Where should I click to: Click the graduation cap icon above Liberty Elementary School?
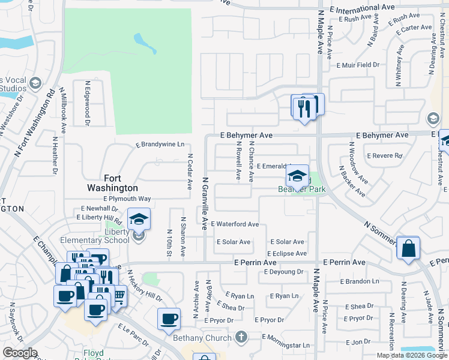pyautogui.click(x=139, y=220)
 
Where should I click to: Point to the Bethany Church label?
pyautogui.click(x=202, y=338)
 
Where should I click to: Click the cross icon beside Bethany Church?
pyautogui.click(x=241, y=338)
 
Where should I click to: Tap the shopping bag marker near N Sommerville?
pyautogui.click(x=408, y=248)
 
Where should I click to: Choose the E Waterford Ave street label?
pyautogui.click(x=234, y=224)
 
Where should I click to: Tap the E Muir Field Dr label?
pyautogui.click(x=358, y=65)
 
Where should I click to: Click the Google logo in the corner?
pyautogui.click(x=20, y=353)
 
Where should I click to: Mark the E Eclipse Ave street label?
pyautogui.click(x=287, y=254)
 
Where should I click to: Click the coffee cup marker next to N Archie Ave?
pyautogui.click(x=169, y=318)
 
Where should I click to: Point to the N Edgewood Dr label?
pyautogui.click(x=87, y=104)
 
